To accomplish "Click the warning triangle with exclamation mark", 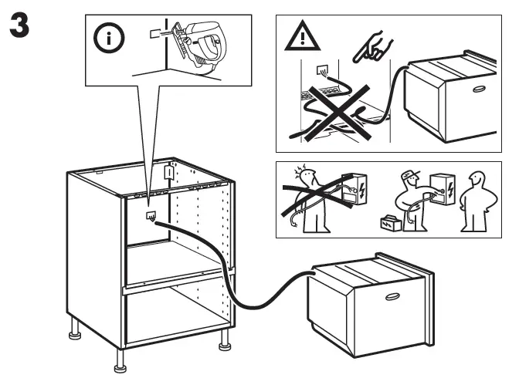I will pos(302,39).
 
